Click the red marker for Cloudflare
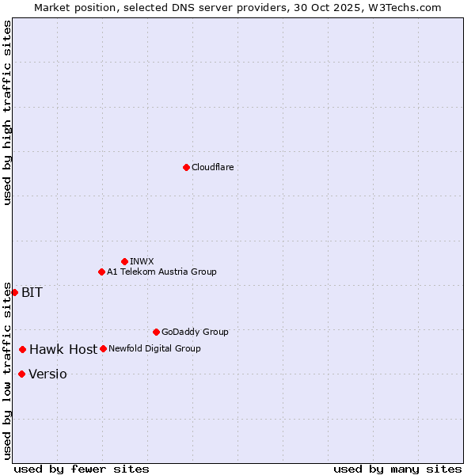pos(186,167)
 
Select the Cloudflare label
pos(213,167)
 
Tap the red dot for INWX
pos(124,261)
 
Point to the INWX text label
pos(142,261)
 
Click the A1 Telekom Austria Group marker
pos(101,272)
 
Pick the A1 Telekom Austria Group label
pos(161,272)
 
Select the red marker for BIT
pos(14,292)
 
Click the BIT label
pos(32,292)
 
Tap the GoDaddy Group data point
pos(156,332)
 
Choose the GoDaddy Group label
pos(195,332)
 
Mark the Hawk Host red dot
pos(23,349)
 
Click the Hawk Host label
pos(63,349)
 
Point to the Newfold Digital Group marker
pos(103,348)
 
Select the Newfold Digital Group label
pos(154,348)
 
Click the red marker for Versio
pos(21,374)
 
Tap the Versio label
pos(47,374)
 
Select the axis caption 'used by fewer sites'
pos(82,469)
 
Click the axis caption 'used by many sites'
pos(397,469)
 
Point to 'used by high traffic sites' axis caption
pos(7,112)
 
